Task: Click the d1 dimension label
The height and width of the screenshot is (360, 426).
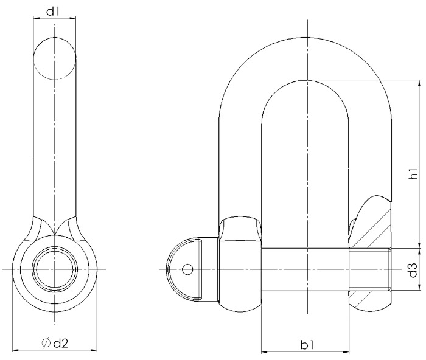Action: coord(55,10)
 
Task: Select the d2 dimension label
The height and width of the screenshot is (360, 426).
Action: coord(60,344)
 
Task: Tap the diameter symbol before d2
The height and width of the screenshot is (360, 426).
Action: coord(46,344)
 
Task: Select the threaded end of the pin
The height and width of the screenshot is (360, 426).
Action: coord(371,269)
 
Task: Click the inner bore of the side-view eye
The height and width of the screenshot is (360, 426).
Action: coord(55,268)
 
